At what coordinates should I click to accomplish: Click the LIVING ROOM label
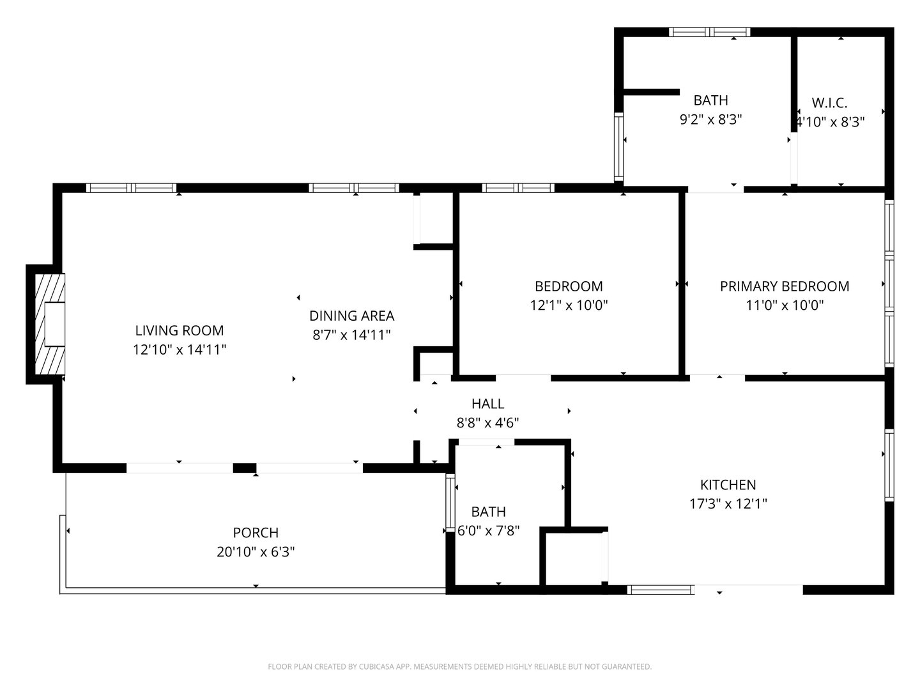(x=180, y=330)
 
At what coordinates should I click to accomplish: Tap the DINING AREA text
(x=351, y=316)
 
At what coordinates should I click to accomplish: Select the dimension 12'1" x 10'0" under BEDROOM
(x=569, y=305)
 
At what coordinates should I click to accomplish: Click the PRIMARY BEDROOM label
(x=785, y=286)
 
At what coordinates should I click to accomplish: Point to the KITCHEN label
(x=728, y=485)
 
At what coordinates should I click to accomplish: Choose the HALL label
(x=487, y=404)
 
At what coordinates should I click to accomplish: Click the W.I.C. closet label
(x=829, y=103)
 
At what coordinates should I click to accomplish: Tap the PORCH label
(x=256, y=533)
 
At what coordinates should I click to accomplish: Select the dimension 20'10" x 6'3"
(x=256, y=552)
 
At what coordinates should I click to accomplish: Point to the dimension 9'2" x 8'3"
(x=710, y=119)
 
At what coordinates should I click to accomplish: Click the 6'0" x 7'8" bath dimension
(x=489, y=530)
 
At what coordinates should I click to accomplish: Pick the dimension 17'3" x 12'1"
(x=728, y=503)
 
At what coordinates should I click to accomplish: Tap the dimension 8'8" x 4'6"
(x=487, y=422)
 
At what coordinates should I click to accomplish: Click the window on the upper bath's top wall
(x=709, y=32)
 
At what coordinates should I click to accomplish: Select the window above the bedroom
(x=517, y=188)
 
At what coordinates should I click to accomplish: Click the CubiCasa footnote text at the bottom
(x=459, y=667)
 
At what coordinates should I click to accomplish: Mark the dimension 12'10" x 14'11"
(x=180, y=349)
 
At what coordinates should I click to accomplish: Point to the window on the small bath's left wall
(x=449, y=505)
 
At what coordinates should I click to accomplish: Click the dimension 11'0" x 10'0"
(x=785, y=305)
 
